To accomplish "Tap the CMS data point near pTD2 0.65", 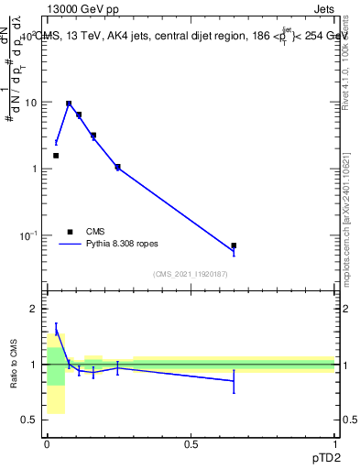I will click(x=234, y=245).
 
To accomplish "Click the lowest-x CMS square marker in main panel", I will click(x=56, y=156).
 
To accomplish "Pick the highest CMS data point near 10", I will click(x=69, y=104).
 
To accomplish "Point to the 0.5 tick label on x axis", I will click(x=191, y=443).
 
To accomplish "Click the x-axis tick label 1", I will click(x=334, y=443).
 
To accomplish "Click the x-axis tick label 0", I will click(x=47, y=443).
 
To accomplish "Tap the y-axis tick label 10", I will click(x=30, y=103).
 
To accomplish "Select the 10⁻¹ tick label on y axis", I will click(x=28, y=235).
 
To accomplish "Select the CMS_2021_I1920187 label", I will click(x=191, y=274).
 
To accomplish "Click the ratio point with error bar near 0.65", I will click(x=234, y=380).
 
